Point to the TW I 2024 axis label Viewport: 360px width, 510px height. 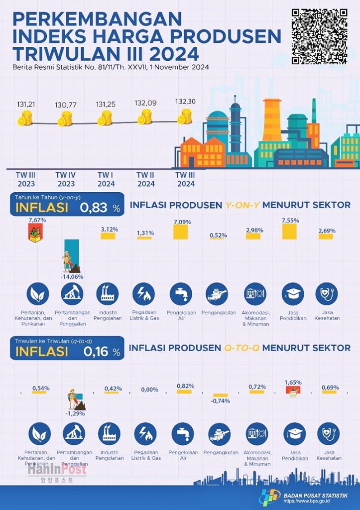pos(105,179)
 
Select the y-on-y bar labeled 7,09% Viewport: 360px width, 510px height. pos(181,232)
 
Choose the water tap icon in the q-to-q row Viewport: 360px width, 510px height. pos(181,434)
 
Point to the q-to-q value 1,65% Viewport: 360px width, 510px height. pos(293,382)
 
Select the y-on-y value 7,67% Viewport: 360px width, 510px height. pos(37,220)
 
